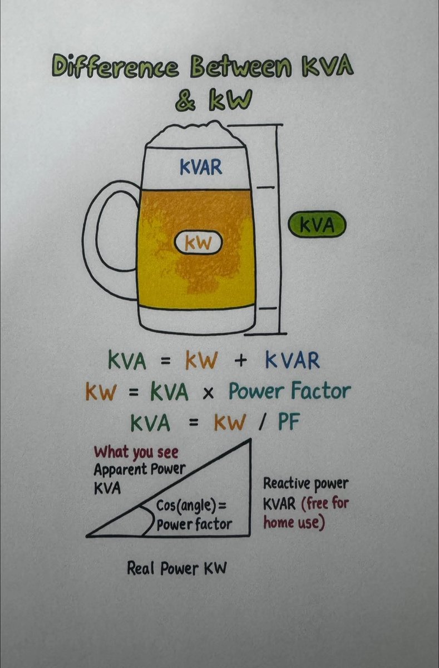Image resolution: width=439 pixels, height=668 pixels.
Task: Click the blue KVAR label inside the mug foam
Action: [200, 167]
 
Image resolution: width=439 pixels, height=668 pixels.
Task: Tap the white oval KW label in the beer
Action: [198, 243]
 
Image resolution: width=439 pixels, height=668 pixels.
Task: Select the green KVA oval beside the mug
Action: [317, 225]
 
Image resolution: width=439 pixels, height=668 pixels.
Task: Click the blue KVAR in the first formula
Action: [293, 361]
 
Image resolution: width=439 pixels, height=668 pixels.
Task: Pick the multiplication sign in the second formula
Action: [208, 393]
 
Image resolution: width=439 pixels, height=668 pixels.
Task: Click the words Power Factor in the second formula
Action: [289, 392]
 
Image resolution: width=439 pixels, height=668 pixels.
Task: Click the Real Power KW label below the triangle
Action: [177, 569]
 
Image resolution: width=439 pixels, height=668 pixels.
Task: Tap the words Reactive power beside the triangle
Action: [306, 483]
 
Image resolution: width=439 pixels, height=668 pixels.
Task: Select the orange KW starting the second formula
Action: [101, 393]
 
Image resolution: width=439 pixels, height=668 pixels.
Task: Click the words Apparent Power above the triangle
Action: [139, 469]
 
